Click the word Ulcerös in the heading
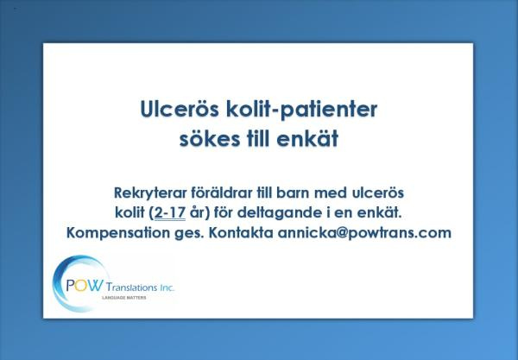coord(180,109)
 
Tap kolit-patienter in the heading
coord(301,110)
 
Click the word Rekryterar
coord(150,193)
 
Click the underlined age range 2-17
coord(170,212)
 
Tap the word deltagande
coord(280,213)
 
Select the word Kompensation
coord(118,233)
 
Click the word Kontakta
coord(241,232)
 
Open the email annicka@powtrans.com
coord(364,233)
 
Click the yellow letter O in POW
coord(80,286)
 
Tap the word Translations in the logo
coord(132,287)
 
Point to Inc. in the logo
coord(167,287)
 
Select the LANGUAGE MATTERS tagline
coord(123,298)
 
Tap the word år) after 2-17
coord(200,213)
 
